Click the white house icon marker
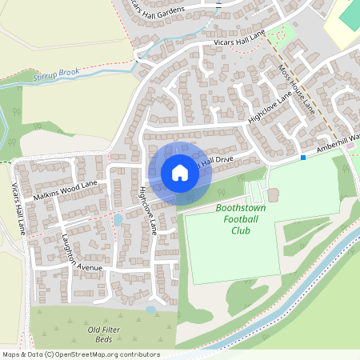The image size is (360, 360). pyautogui.click(x=180, y=172)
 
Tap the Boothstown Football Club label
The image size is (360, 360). pyautogui.click(x=241, y=219)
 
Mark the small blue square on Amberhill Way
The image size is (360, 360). pyautogui.click(x=303, y=158)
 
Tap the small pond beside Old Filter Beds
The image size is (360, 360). pyautogui.click(x=150, y=309)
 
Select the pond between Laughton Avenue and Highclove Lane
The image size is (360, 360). pyautogui.click(x=118, y=219)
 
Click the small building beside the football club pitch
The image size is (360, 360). pyautogui.click(x=273, y=195)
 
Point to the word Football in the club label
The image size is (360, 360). pyautogui.click(x=241, y=219)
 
